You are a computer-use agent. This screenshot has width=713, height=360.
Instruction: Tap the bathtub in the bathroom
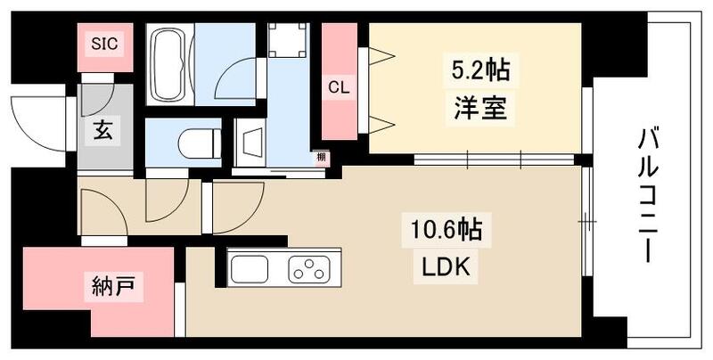tap(168, 64)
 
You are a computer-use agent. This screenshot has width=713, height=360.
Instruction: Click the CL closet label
tap(337, 87)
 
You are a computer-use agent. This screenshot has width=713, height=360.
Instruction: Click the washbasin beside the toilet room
tap(251, 140)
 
